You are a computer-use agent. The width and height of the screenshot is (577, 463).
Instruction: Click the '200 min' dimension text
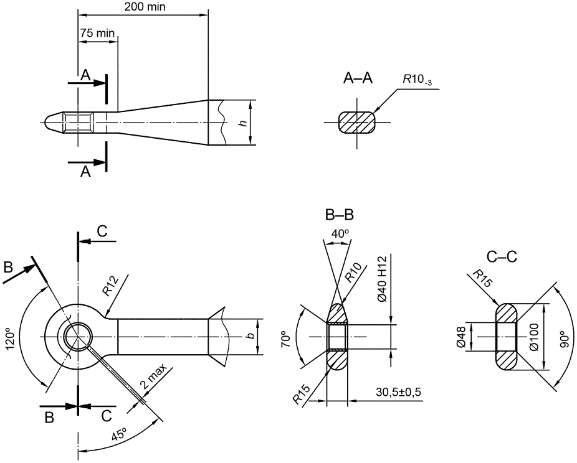tap(145, 7)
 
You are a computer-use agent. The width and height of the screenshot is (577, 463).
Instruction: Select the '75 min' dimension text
tap(97, 33)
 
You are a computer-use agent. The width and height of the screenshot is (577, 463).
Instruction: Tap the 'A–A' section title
tap(358, 78)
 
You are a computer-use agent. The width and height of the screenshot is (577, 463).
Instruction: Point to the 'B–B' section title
tap(339, 215)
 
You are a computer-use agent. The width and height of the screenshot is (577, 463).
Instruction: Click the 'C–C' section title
tap(502, 257)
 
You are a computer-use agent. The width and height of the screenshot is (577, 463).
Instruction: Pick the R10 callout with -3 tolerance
tap(417, 80)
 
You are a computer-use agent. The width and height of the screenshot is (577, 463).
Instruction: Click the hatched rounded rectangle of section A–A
tap(356, 122)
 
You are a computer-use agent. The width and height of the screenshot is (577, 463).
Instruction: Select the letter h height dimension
tap(242, 123)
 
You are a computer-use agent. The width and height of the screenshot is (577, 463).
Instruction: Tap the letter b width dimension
tap(250, 336)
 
